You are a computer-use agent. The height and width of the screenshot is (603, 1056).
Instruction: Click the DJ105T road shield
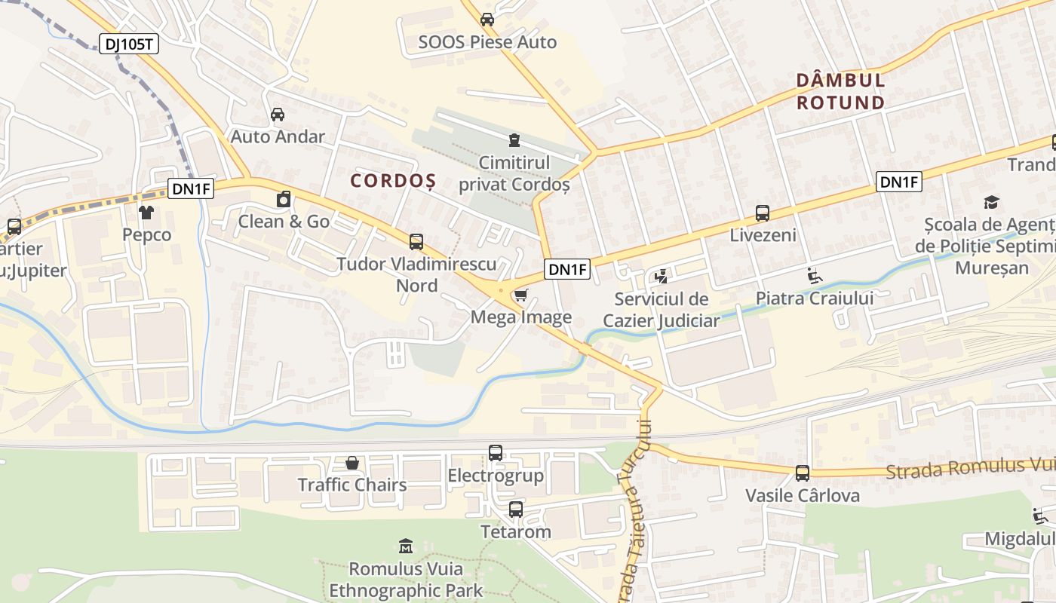click(128, 44)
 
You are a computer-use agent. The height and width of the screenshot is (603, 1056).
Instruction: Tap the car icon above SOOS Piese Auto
click(487, 20)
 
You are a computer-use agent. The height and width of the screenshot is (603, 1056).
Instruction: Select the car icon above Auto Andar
click(278, 115)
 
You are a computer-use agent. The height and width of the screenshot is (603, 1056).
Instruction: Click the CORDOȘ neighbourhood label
click(393, 181)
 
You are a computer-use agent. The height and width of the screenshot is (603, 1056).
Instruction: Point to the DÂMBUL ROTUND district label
click(840, 91)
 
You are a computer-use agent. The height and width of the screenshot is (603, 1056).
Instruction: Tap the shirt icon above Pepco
click(146, 213)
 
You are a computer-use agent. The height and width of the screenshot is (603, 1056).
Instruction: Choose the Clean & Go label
click(284, 221)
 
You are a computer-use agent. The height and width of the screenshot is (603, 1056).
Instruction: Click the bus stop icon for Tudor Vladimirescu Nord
click(416, 242)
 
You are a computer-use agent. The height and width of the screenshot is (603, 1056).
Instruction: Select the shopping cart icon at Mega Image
click(520, 295)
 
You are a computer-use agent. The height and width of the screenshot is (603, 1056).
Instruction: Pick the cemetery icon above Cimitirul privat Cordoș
click(514, 139)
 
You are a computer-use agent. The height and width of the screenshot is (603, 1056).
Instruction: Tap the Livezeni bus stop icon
click(763, 213)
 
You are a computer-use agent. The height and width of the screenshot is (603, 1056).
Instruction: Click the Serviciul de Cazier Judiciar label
click(662, 310)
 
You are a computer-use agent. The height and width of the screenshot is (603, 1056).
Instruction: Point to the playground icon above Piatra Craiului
click(815, 276)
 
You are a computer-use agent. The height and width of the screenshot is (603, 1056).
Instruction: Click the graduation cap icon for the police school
click(991, 202)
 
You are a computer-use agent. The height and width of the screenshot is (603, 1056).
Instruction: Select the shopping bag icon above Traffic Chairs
click(352, 462)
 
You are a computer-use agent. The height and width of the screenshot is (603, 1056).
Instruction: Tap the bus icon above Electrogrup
click(496, 453)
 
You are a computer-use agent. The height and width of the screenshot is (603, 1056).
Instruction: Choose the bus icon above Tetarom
click(516, 510)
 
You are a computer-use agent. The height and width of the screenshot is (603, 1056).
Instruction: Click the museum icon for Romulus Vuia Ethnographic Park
click(406, 546)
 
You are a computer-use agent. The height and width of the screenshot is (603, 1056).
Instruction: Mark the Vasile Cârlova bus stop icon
click(803, 473)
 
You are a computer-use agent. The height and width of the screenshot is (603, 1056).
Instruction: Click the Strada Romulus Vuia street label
click(970, 468)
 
